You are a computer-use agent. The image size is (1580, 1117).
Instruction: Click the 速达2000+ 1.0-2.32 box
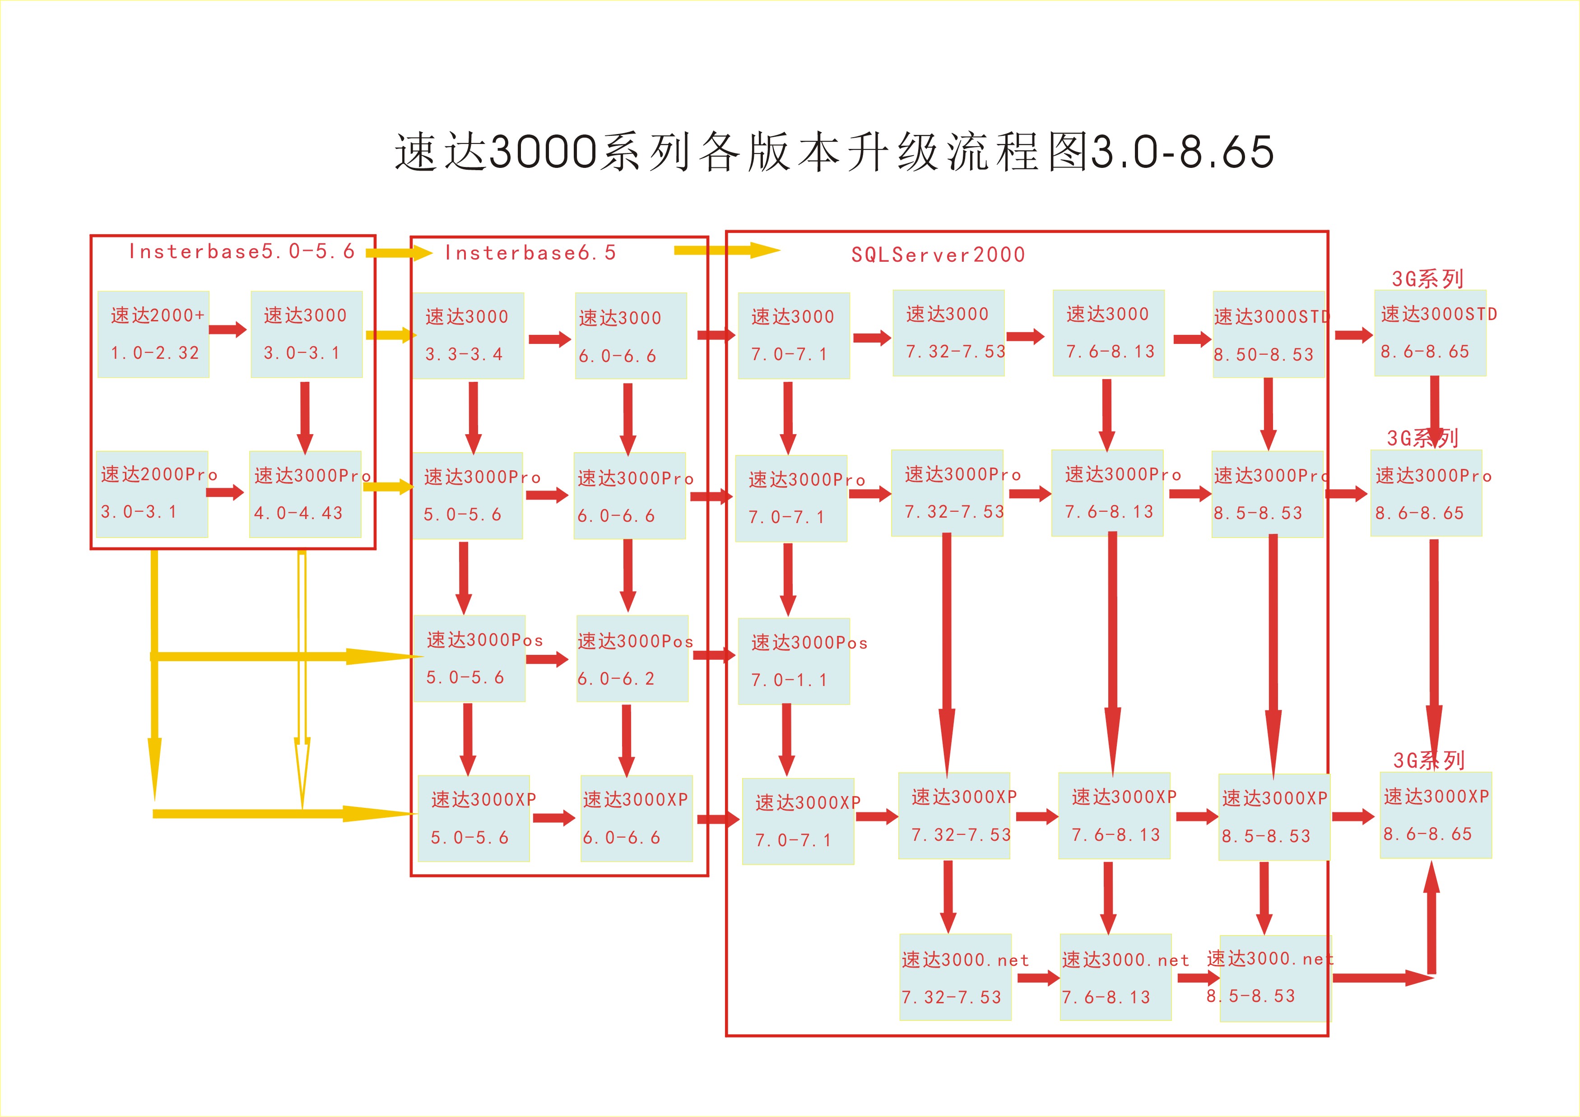pos(153,334)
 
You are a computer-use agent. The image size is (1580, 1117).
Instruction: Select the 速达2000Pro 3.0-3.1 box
pos(152,494)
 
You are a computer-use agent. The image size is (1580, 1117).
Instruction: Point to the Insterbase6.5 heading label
pos(530,253)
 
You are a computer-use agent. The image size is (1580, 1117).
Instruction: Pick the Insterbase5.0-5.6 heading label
pos(242,252)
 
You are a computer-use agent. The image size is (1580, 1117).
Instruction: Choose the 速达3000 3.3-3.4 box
pos(468,336)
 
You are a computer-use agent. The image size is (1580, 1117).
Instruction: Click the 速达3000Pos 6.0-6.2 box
pos(632,659)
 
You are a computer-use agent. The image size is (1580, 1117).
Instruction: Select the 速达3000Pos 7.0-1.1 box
pos(794,661)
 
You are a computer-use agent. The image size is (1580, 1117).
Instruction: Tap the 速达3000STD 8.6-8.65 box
pos(1430,333)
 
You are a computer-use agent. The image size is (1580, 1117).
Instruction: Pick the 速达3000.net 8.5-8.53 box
pos(1275,978)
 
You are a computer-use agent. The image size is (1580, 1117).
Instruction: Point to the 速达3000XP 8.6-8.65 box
pos(1436,815)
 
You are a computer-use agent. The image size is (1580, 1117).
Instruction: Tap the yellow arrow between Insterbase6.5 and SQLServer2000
pos(726,250)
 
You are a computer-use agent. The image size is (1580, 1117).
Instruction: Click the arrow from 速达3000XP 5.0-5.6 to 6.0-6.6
pos(553,818)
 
